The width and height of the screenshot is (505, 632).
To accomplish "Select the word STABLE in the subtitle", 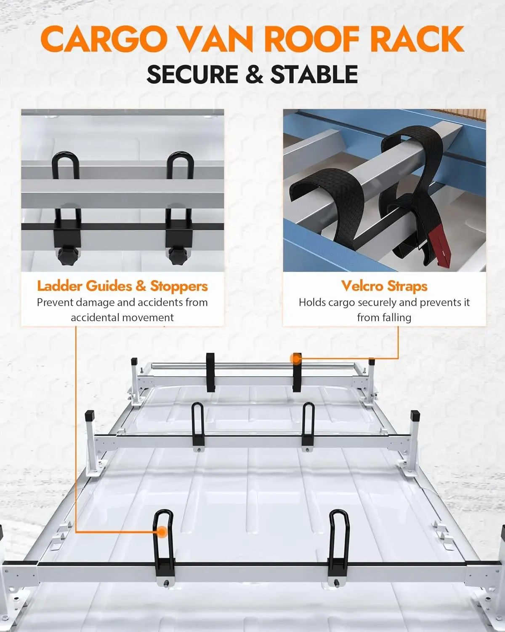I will click(314, 75).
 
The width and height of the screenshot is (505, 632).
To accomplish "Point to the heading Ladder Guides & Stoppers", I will click(122, 286).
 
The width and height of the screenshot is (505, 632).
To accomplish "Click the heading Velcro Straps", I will click(384, 286).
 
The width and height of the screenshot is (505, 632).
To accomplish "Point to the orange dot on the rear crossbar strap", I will click(296, 359).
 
